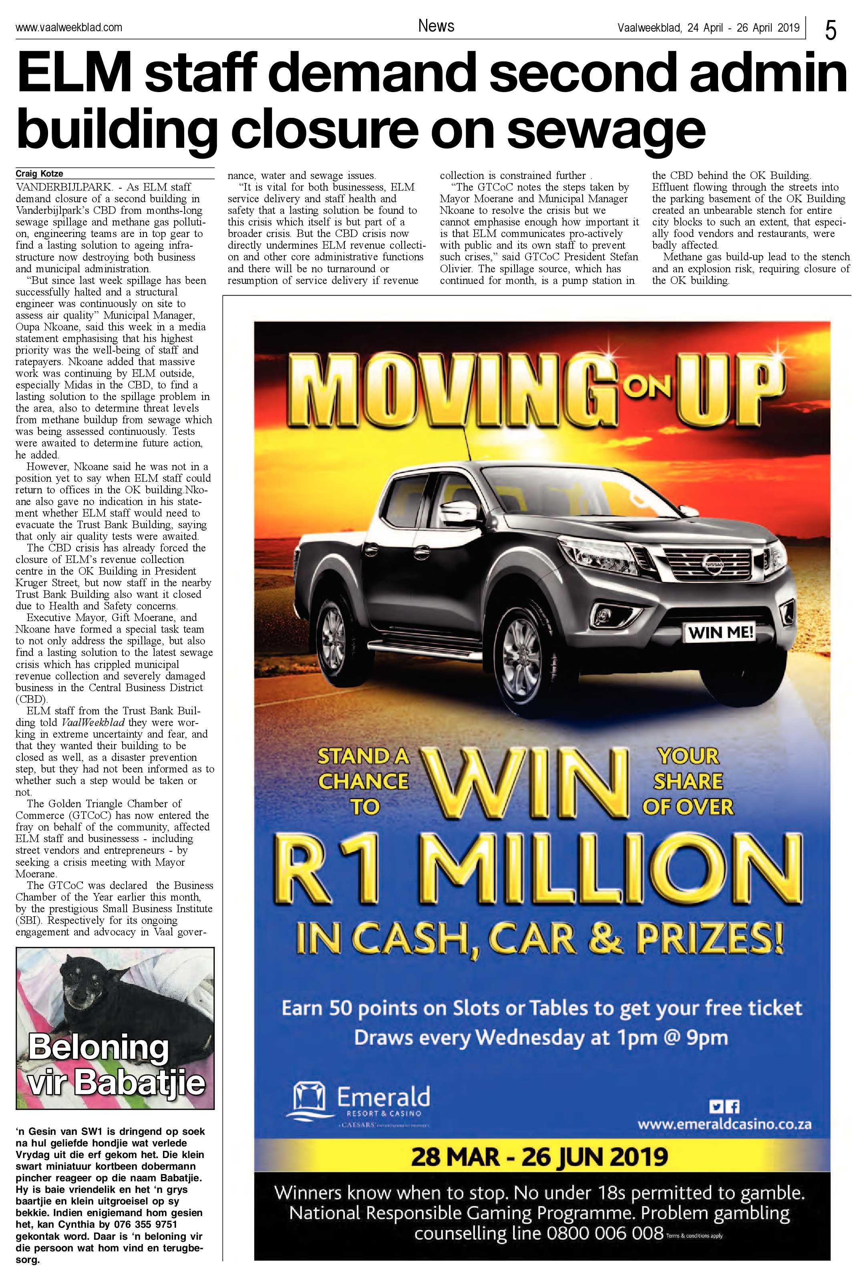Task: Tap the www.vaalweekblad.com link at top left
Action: [x=68, y=27]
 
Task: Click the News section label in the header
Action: [x=436, y=26]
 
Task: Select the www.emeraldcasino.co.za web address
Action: [x=724, y=1125]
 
